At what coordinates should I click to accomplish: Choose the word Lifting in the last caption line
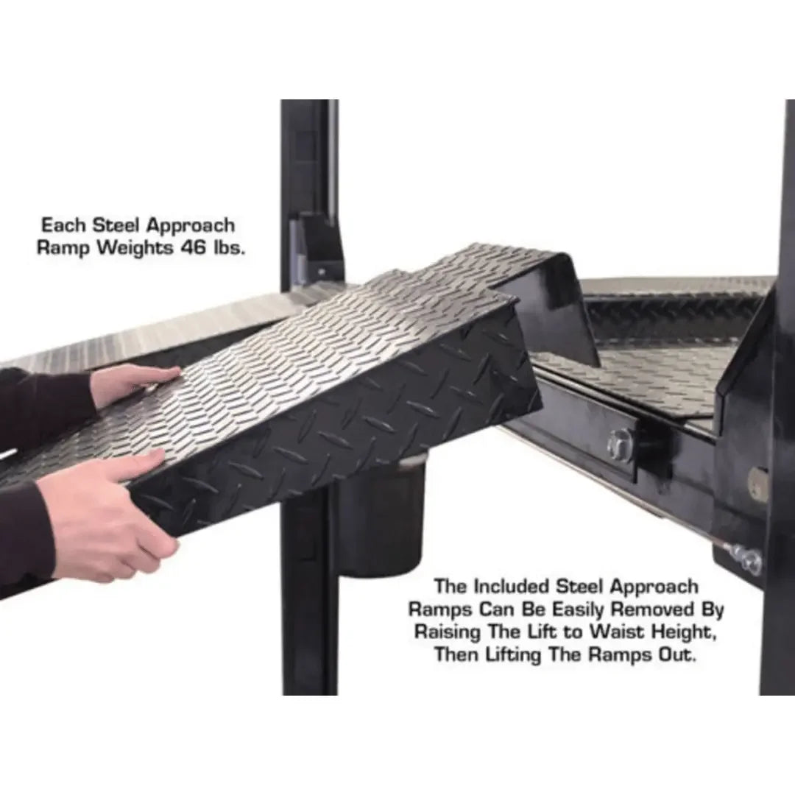click(x=517, y=655)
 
